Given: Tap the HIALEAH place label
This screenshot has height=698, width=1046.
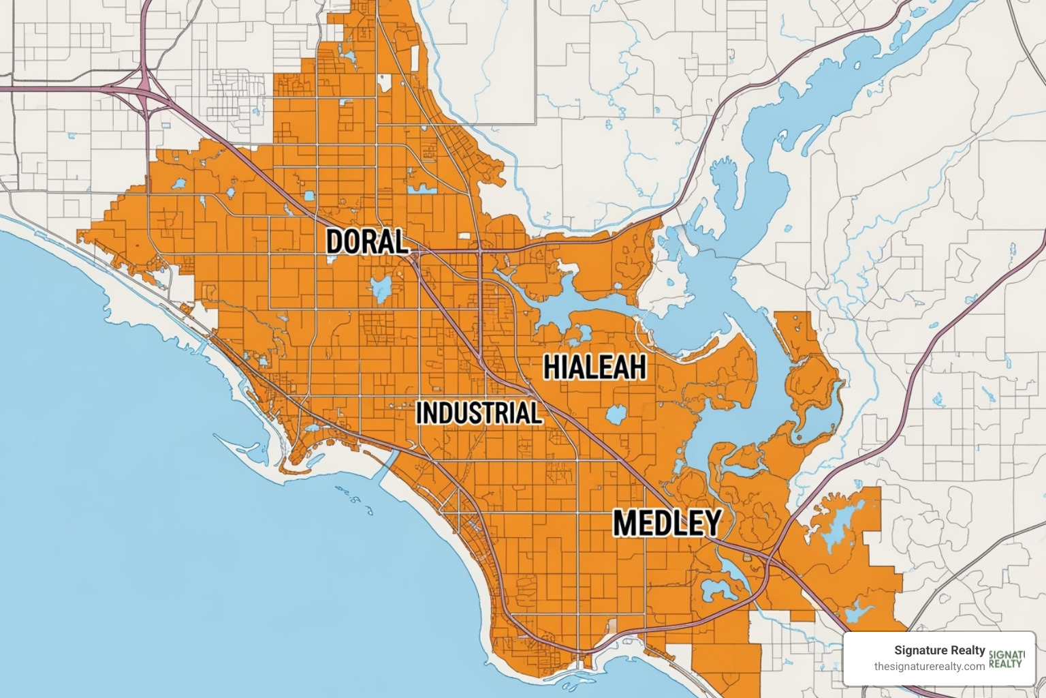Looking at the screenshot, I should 595,367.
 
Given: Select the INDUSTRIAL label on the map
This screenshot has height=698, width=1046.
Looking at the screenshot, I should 479,413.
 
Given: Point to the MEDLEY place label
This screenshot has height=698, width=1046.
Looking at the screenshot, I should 667,523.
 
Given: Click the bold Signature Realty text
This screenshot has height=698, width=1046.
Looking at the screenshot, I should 939,650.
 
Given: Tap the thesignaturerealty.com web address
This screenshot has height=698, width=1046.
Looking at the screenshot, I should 929,667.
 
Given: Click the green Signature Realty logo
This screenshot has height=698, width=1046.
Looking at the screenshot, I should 1007,659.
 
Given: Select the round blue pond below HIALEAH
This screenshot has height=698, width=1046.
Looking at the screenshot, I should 616,414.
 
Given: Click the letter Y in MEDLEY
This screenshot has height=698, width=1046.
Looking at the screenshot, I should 711,523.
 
